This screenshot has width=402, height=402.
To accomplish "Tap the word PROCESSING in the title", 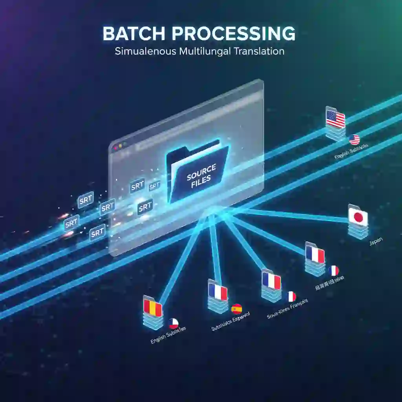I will pyautogui.click(x=229, y=35).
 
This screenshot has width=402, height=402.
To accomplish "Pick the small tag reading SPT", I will pyautogui.click(x=155, y=185).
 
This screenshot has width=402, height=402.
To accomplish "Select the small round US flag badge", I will pyautogui.click(x=354, y=139).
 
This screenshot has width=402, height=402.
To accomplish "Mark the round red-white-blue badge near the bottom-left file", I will pyautogui.click(x=174, y=323).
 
